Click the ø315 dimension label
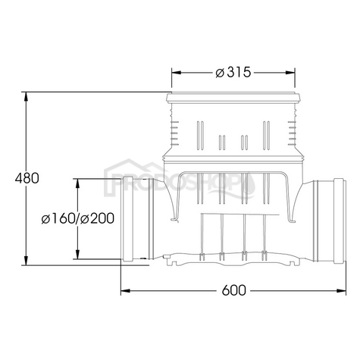(233, 72)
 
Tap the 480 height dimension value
(26, 179)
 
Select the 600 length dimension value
(236, 290)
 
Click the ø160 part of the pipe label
(59, 219)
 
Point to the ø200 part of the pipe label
(97, 219)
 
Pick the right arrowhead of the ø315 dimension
(292, 72)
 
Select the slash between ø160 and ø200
(77, 219)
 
